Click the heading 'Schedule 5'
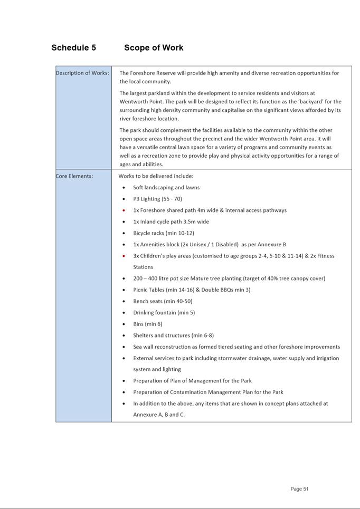(x=73, y=48)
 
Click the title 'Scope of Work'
(x=154, y=48)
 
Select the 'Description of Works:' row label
(x=82, y=73)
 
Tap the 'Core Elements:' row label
(x=74, y=176)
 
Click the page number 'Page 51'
(x=299, y=489)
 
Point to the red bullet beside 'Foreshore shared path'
(x=124, y=210)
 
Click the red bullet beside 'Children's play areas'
(x=124, y=256)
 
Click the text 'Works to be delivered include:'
(x=156, y=176)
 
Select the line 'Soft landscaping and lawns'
(x=166, y=188)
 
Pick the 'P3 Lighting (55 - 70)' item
(x=157, y=199)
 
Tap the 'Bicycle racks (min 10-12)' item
(x=164, y=233)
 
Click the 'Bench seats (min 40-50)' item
(x=163, y=301)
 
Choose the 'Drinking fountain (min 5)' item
(x=164, y=313)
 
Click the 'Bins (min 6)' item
(x=148, y=324)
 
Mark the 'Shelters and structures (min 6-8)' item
(x=173, y=335)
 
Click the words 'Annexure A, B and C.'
(x=159, y=415)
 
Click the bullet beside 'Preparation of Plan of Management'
(x=124, y=381)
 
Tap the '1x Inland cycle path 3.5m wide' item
(x=171, y=222)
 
